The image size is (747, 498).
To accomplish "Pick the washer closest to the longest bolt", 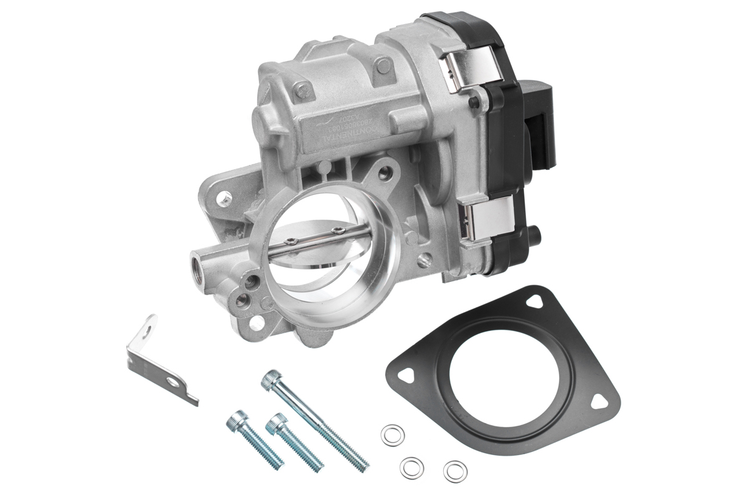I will click(392, 435).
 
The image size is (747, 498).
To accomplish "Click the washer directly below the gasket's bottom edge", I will click(455, 471).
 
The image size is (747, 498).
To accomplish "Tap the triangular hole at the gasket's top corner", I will click(533, 301).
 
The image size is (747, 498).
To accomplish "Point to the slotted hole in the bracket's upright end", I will click(148, 325).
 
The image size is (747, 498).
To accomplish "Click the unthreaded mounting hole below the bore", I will click(256, 323).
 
